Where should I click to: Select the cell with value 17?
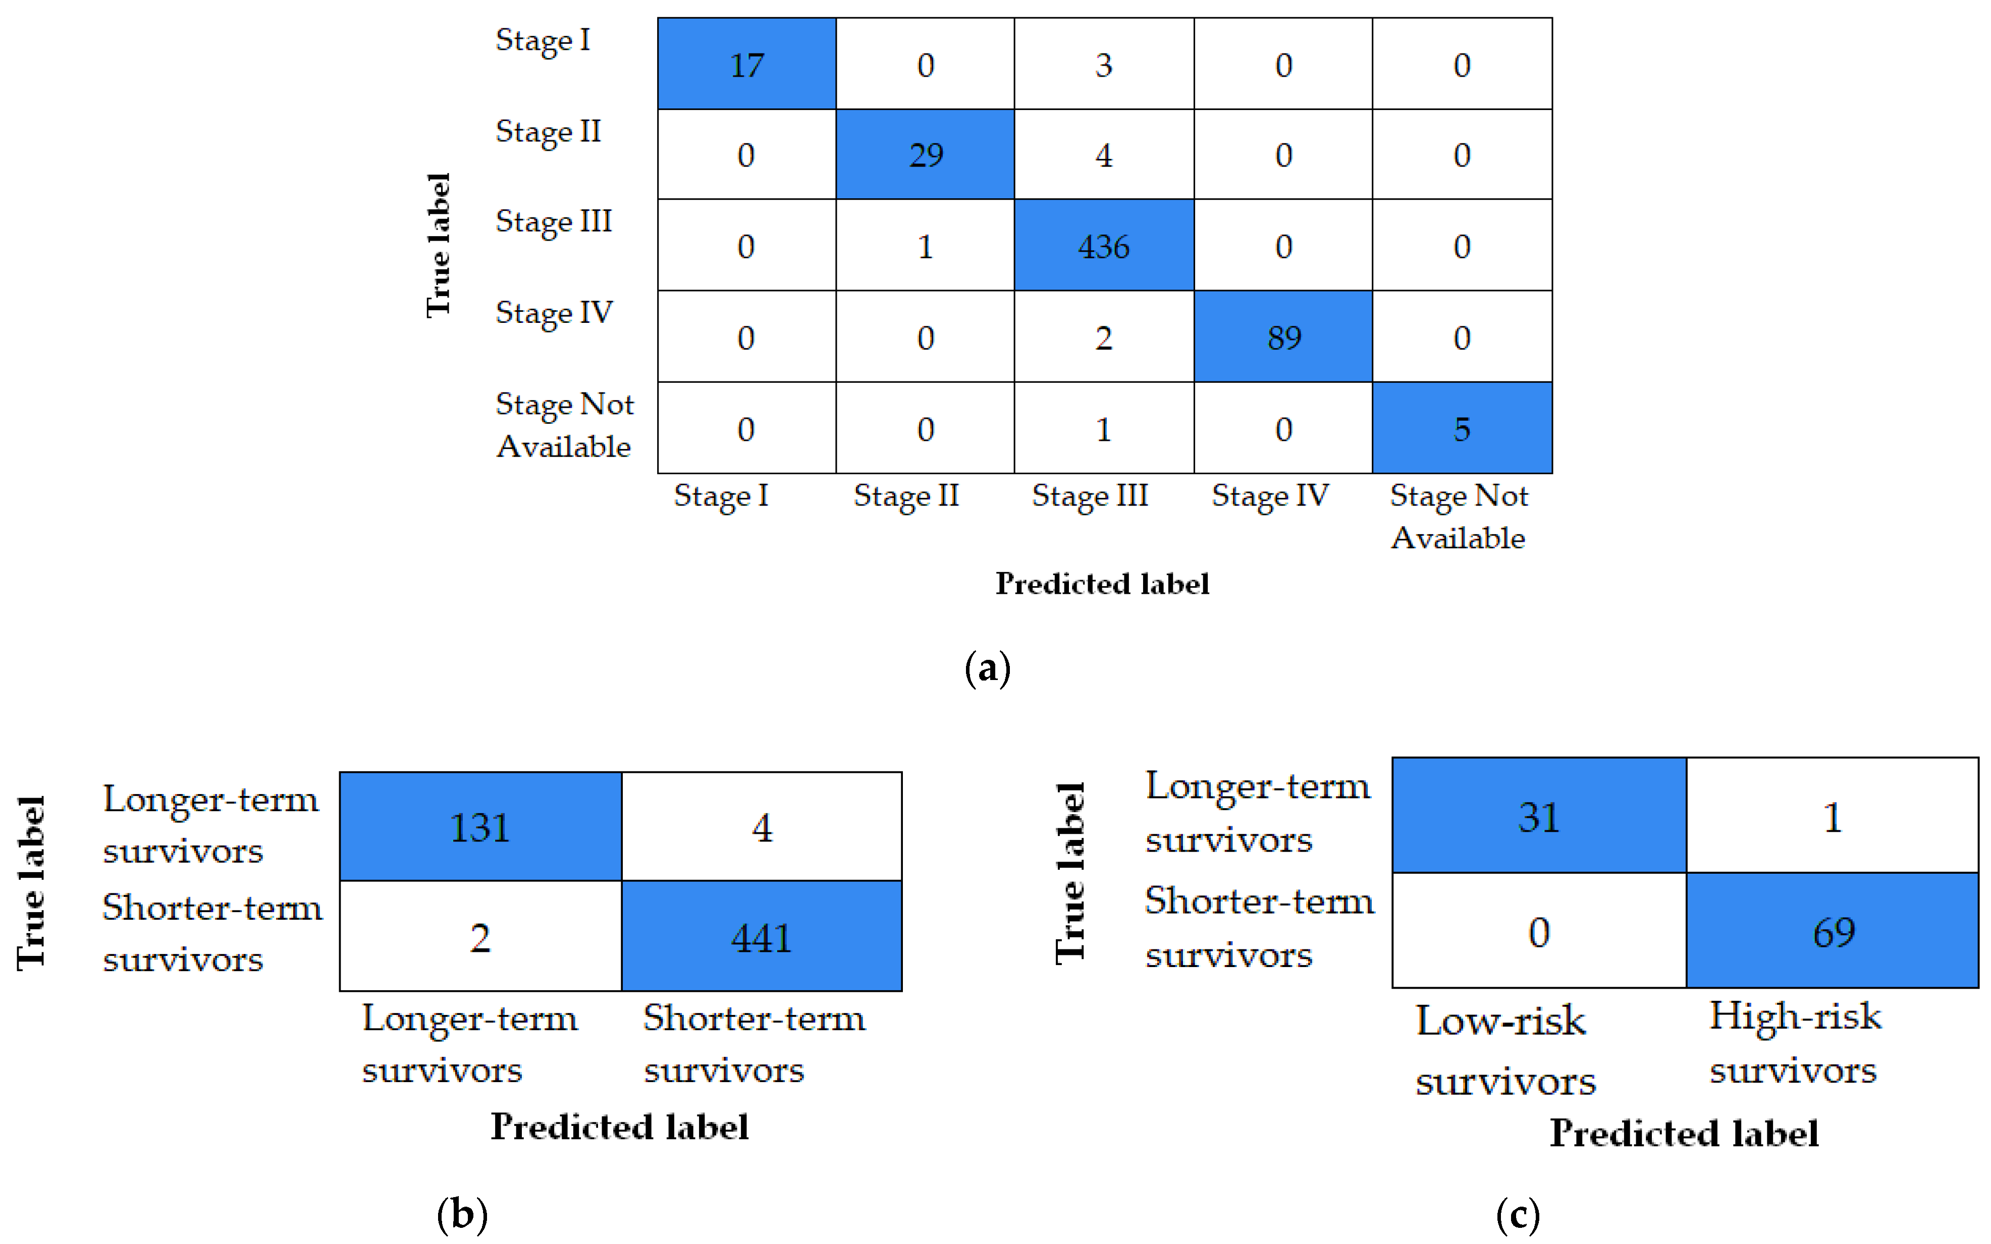click(x=746, y=64)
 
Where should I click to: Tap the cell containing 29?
click(x=925, y=155)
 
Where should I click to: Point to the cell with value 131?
click(x=480, y=827)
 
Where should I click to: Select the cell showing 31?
click(x=1538, y=816)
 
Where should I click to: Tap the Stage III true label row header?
click(x=553, y=222)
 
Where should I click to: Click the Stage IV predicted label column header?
click(x=1269, y=496)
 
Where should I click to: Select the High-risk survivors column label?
click(x=1794, y=1042)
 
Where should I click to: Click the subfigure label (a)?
click(x=987, y=668)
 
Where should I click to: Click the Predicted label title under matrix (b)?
click(x=619, y=1126)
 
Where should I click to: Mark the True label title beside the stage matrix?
click(x=439, y=245)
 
